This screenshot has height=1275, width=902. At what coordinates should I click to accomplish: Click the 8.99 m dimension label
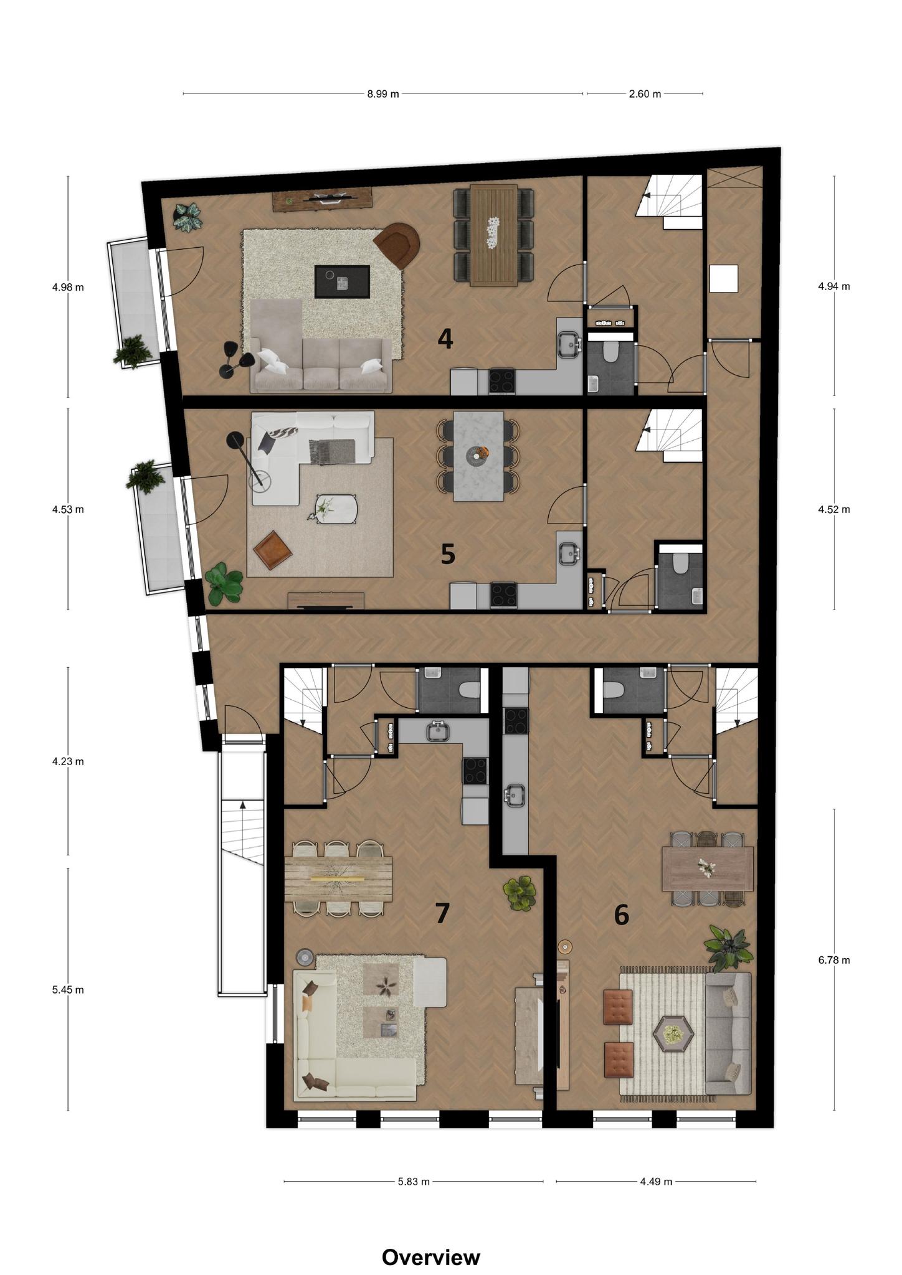point(382,94)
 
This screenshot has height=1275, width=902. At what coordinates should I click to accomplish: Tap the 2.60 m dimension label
point(645,94)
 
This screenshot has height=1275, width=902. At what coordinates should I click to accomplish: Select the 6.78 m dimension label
point(834,960)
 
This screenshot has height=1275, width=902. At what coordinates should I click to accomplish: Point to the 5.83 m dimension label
point(414,1182)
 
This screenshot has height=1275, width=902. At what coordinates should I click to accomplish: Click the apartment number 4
point(445,339)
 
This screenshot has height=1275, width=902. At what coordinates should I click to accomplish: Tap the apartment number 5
point(448,554)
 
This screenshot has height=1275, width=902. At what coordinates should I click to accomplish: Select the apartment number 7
point(442,913)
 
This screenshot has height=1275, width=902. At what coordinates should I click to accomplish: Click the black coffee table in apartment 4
point(342,281)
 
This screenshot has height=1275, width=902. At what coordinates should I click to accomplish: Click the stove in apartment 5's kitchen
point(503,595)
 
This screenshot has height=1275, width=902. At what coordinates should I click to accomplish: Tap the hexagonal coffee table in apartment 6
point(673,1035)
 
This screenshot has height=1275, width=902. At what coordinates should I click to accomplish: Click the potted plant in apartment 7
point(520,894)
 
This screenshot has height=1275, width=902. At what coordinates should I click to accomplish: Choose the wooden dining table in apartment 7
point(338,879)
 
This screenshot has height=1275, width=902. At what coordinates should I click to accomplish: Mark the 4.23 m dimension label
point(68,761)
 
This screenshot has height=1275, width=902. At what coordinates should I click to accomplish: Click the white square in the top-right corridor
point(724,278)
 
